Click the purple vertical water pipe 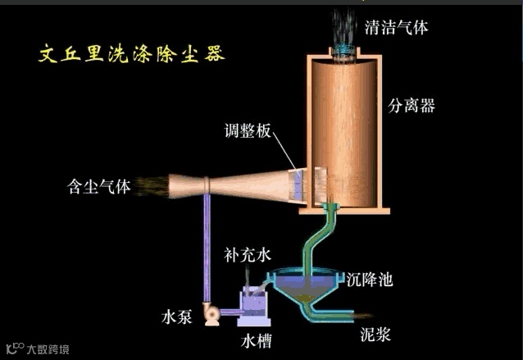207,246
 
